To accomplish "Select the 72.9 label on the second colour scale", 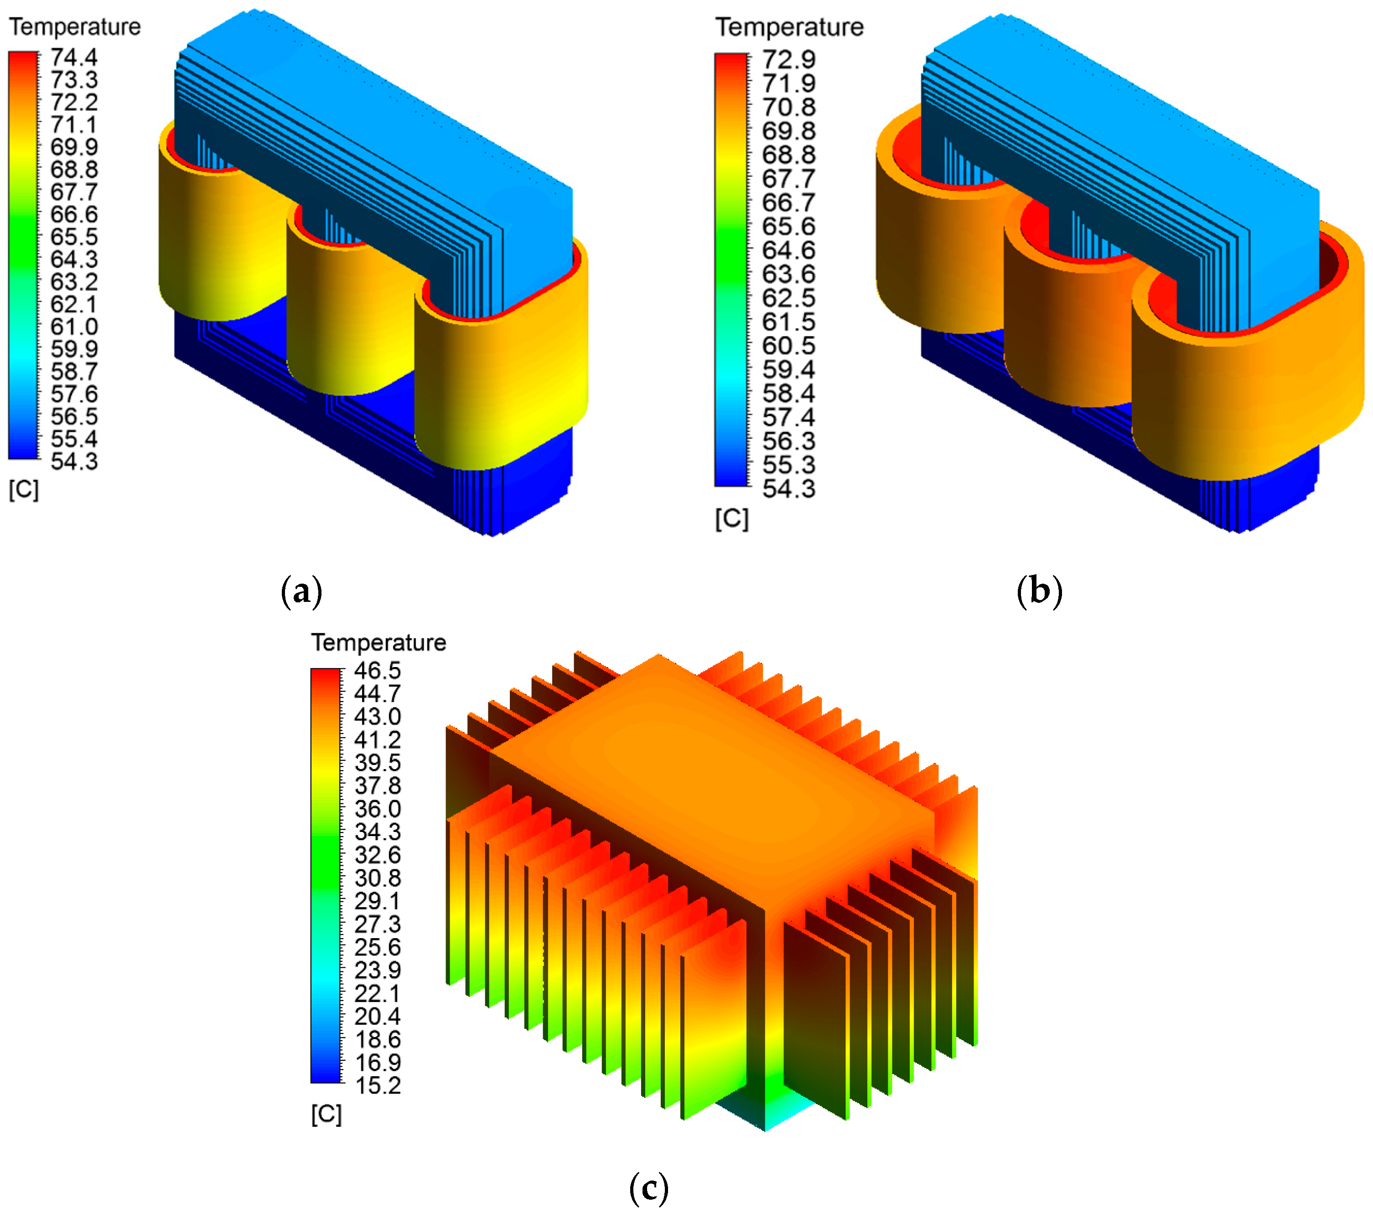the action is point(788,59).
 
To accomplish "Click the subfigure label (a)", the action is point(301,591).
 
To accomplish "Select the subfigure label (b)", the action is point(1039,591).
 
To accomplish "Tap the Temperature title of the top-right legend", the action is point(789,27).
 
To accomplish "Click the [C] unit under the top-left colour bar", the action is point(24,489).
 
